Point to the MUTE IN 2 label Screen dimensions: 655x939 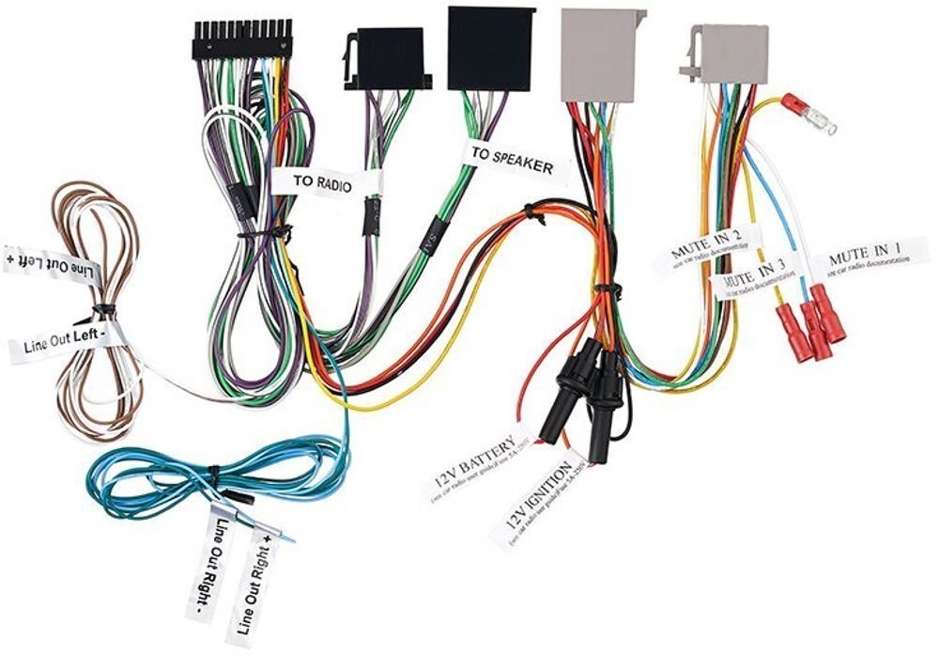pyautogui.click(x=706, y=247)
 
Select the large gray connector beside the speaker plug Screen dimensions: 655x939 pyautogui.click(x=602, y=54)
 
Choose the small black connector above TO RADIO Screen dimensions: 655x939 pyautogui.click(x=386, y=57)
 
